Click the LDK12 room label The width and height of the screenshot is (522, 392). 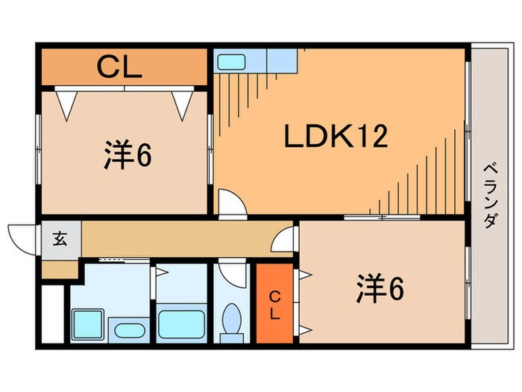tap(335, 137)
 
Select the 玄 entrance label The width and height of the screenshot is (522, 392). tap(59, 240)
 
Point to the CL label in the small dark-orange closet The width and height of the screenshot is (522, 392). tap(274, 305)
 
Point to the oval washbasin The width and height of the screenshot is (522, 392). tap(131, 330)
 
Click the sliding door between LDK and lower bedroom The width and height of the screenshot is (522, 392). tap(383, 218)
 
